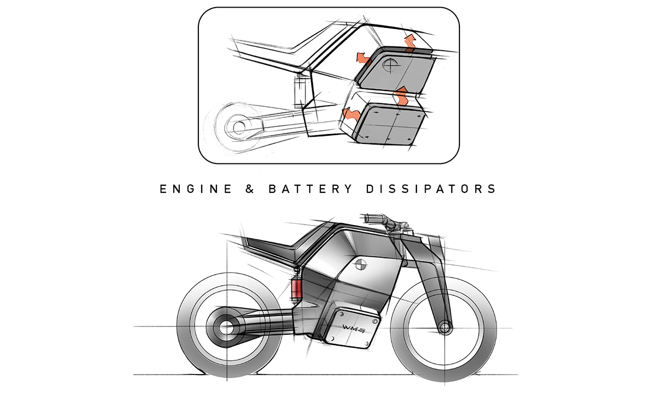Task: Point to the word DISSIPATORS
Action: tap(436, 189)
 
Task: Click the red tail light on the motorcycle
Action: tap(296, 288)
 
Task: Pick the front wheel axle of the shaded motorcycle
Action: tap(446, 328)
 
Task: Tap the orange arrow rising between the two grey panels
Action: tap(402, 95)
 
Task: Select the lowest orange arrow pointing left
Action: tap(349, 115)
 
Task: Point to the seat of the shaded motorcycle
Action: tap(272, 243)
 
